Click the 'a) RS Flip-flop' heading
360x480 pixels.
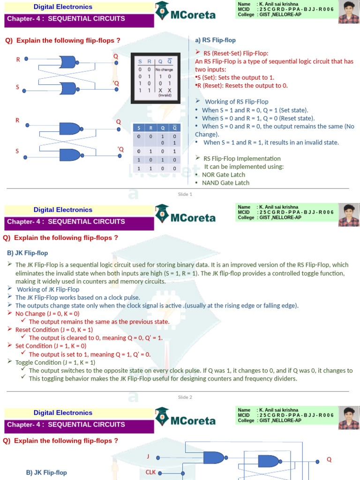[x=215, y=40]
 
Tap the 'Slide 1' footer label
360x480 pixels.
[x=185, y=194]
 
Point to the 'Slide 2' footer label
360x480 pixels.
[x=185, y=397]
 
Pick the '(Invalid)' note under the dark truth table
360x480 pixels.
[x=165, y=95]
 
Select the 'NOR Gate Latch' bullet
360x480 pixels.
[x=223, y=174]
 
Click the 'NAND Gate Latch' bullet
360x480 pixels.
[x=225, y=183]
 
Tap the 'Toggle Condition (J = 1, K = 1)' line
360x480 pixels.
[x=55, y=362]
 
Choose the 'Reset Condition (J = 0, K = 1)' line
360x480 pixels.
[x=54, y=329]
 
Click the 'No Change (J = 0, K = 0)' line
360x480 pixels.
[x=47, y=313]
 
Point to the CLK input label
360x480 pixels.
[x=150, y=472]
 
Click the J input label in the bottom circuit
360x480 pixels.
[x=148, y=456]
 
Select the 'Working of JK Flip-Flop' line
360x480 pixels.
[x=48, y=289]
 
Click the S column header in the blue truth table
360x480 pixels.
[x=139, y=127]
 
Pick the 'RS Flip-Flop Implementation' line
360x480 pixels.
[x=242, y=158]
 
